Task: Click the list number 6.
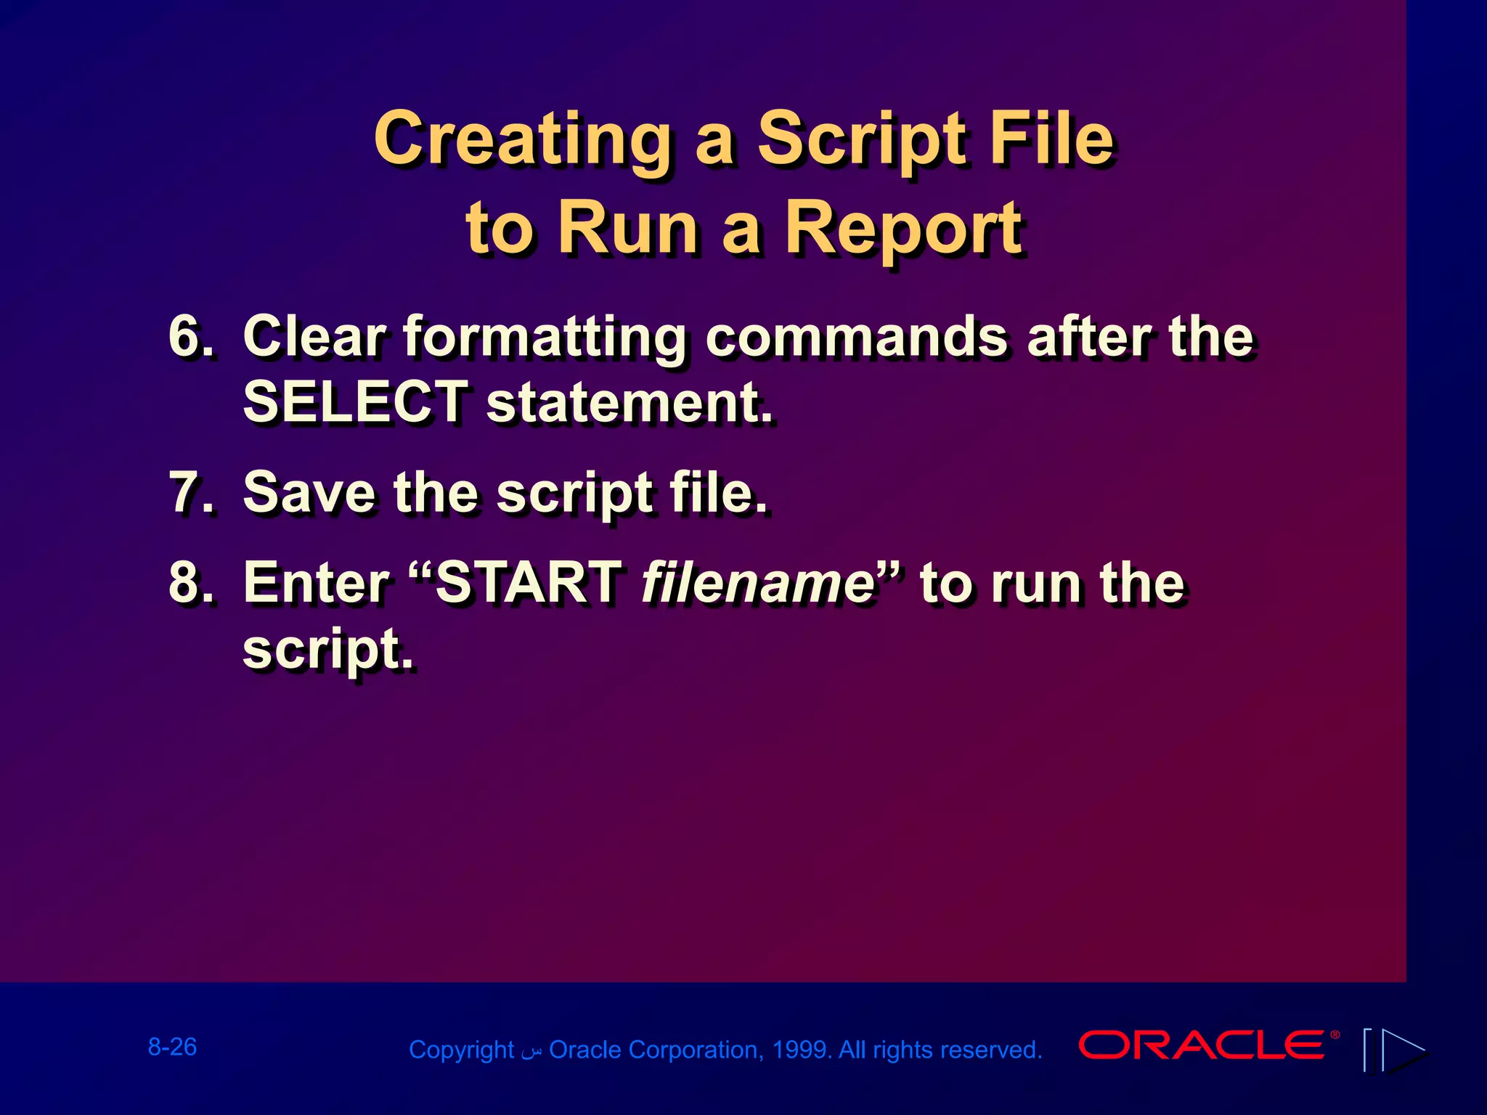tap(190, 337)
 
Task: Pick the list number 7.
tap(190, 494)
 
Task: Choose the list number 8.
tap(190, 583)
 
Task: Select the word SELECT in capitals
tap(355, 402)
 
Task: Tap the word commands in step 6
tap(856, 337)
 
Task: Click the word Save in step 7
tap(309, 494)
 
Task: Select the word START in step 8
tap(527, 583)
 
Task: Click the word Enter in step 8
tap(317, 583)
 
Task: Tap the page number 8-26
tap(172, 1047)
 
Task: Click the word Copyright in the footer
tap(461, 1050)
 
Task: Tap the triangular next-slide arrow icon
tap(1403, 1050)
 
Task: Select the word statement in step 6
tap(627, 404)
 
